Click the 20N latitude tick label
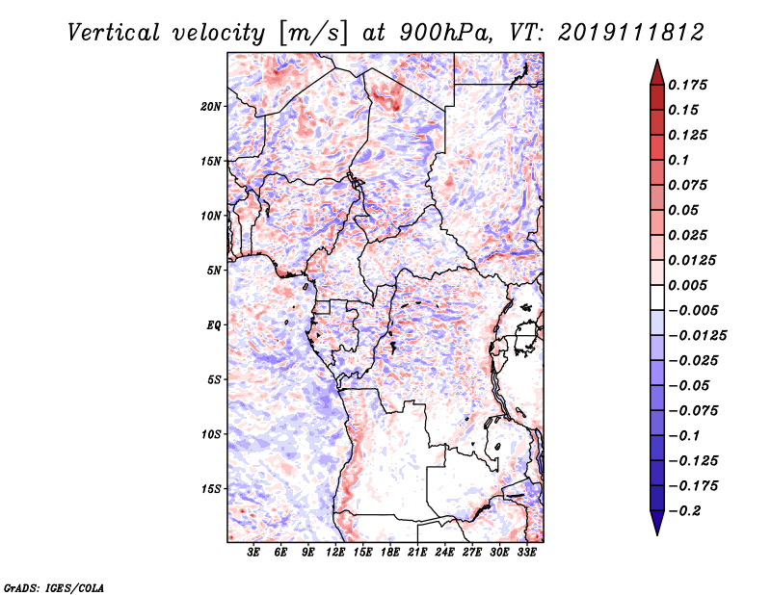(x=211, y=107)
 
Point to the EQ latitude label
(x=213, y=325)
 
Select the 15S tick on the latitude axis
(x=211, y=489)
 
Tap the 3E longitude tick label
(x=253, y=553)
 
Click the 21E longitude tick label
(x=417, y=553)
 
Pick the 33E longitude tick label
(x=526, y=553)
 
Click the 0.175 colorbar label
(x=687, y=85)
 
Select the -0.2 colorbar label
(x=684, y=511)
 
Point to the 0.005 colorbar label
(x=687, y=285)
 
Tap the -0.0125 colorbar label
(x=697, y=336)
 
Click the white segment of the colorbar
(x=657, y=297)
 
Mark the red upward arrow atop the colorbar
(x=657, y=72)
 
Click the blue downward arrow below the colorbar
(x=657, y=523)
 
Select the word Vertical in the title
(x=114, y=33)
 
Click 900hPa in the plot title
(x=446, y=33)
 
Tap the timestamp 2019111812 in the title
(x=631, y=33)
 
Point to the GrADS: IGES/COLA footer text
(x=54, y=588)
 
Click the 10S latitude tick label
(x=211, y=434)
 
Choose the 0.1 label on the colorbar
(x=678, y=160)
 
